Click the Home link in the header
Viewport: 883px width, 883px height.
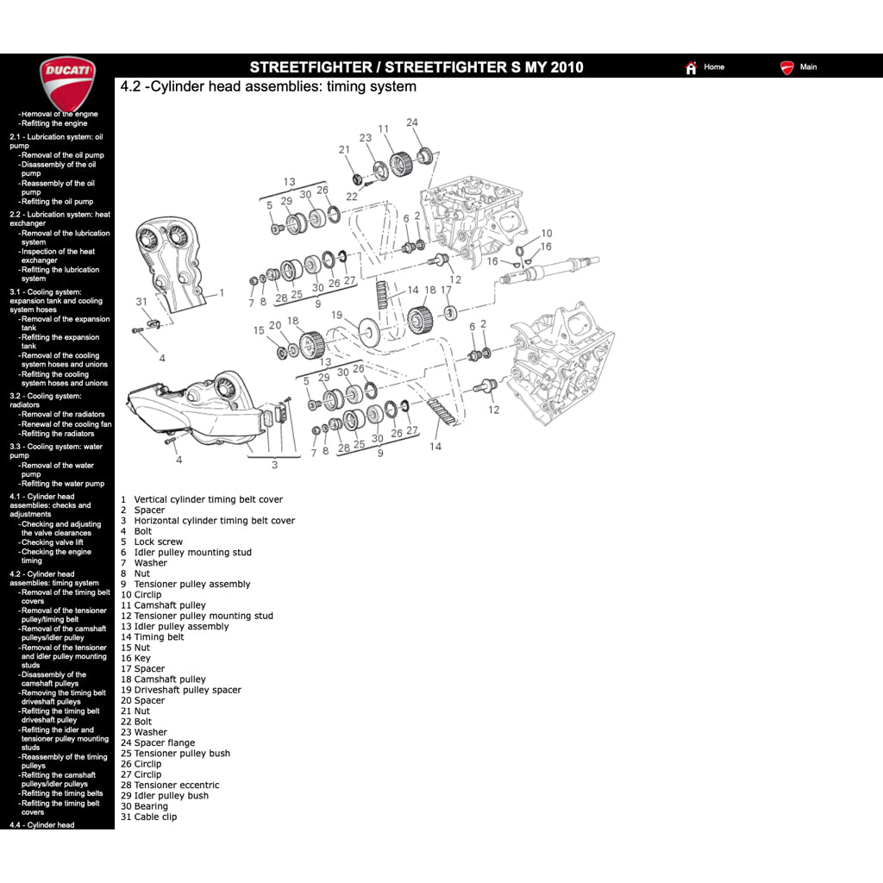[x=713, y=67]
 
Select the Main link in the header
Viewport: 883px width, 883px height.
[x=807, y=67]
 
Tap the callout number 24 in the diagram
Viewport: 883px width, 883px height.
[x=412, y=122]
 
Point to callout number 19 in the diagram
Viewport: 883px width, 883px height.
[x=337, y=315]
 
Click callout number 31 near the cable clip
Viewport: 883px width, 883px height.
[x=141, y=302]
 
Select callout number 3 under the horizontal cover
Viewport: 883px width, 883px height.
[x=274, y=465]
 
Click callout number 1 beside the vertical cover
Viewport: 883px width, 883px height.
[x=222, y=293]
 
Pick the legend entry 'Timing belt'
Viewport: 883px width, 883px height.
[x=159, y=637]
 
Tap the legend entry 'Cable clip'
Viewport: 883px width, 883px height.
[x=155, y=817]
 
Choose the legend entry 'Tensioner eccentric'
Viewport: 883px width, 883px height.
[x=176, y=785]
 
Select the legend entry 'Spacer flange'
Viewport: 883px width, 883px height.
[x=164, y=742]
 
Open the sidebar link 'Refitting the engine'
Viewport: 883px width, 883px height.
[x=54, y=123]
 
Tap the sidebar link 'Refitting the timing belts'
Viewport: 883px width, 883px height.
[x=62, y=793]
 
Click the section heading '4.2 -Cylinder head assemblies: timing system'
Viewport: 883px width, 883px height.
[x=268, y=86]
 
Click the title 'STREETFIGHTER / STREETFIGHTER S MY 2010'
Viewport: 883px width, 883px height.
[x=416, y=67]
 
